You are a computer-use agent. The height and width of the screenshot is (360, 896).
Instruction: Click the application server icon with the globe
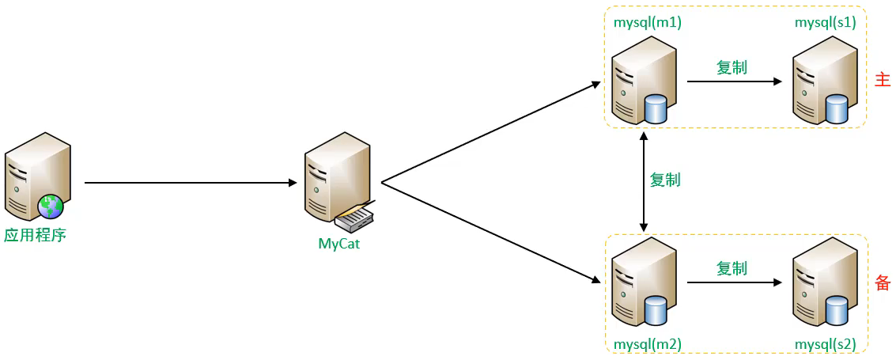pyautogui.click(x=36, y=176)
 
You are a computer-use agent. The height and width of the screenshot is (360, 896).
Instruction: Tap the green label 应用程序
pyautogui.click(x=35, y=235)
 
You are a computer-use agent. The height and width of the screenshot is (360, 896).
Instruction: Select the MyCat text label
pyautogui.click(x=338, y=244)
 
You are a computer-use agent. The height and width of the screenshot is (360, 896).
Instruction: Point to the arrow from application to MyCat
pyautogui.click(x=190, y=183)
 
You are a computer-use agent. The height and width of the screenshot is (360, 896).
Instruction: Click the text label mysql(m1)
pyautogui.click(x=648, y=23)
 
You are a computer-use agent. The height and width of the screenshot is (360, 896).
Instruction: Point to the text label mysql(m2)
pyautogui.click(x=648, y=344)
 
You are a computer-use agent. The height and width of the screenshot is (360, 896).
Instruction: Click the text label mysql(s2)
pyautogui.click(x=825, y=344)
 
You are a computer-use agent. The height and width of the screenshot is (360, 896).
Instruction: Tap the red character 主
pyautogui.click(x=883, y=81)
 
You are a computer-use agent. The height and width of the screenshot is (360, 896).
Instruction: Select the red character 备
pyautogui.click(x=883, y=282)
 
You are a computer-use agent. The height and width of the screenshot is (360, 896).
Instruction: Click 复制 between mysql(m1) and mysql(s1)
pyautogui.click(x=732, y=67)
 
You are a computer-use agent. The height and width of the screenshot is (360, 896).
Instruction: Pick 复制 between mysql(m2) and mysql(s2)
pyautogui.click(x=732, y=268)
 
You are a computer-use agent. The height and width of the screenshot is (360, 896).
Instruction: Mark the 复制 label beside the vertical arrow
pyautogui.click(x=665, y=180)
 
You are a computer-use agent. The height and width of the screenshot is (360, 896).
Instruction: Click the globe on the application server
pyautogui.click(x=51, y=207)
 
